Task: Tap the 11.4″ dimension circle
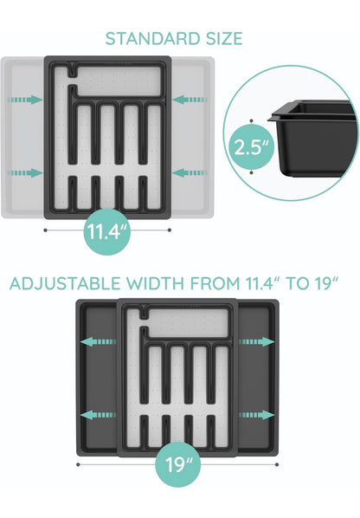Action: tap(107, 231)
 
